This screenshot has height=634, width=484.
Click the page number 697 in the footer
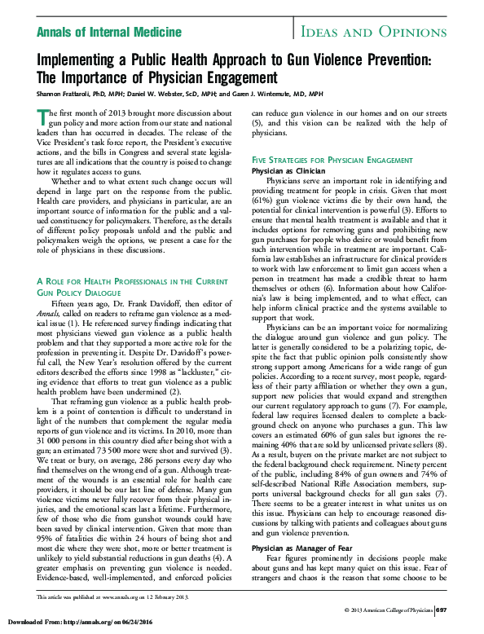441,610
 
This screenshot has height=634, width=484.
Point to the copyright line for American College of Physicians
388,610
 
